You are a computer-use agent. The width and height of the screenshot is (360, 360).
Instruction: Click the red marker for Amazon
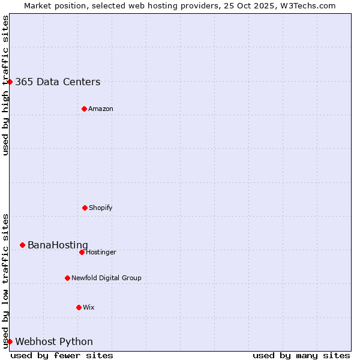tap(84, 109)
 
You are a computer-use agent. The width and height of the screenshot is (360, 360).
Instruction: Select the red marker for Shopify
tap(85, 208)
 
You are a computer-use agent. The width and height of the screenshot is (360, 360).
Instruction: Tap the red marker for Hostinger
tap(82, 252)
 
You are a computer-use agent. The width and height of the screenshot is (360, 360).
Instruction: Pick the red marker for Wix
tap(79, 307)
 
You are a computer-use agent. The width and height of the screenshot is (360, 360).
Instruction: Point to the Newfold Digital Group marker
tap(67, 278)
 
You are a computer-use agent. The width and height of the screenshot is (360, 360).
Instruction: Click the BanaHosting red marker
tap(22, 245)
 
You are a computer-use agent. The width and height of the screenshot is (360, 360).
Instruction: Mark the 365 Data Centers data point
tap(10, 82)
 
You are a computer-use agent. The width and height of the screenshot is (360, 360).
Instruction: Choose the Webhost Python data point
tap(10, 341)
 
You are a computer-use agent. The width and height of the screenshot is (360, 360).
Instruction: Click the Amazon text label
tap(101, 109)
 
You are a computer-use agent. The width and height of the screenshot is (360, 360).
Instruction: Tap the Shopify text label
tap(101, 208)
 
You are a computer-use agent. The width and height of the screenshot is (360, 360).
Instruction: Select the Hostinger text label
tap(101, 253)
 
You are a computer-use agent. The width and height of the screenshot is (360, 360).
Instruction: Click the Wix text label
tap(89, 308)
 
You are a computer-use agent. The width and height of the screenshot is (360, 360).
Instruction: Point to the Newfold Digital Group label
tap(106, 278)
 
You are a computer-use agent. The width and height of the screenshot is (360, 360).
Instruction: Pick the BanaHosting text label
tap(58, 245)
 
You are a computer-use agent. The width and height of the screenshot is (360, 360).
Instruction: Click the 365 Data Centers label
tap(58, 82)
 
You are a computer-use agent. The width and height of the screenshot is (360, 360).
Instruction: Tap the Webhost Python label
tap(54, 342)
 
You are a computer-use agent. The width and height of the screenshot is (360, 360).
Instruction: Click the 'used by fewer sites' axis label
tap(62, 355)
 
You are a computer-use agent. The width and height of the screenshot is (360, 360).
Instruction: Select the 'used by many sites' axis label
tap(301, 355)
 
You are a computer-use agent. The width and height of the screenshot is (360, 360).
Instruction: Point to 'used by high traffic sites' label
tap(5, 85)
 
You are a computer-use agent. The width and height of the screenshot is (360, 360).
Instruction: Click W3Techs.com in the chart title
tap(305, 5)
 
